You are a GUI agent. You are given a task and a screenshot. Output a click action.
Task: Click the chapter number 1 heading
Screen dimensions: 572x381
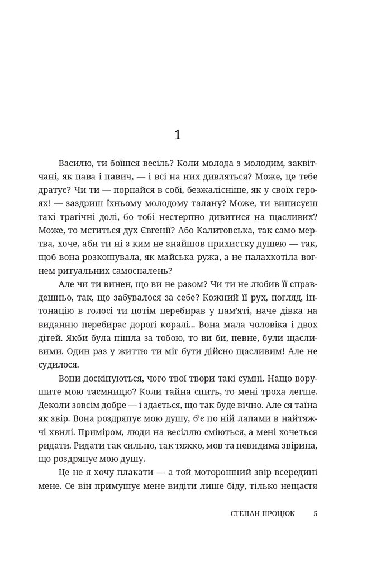(178, 135)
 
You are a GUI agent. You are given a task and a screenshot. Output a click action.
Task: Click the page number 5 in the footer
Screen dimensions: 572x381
(316, 513)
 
